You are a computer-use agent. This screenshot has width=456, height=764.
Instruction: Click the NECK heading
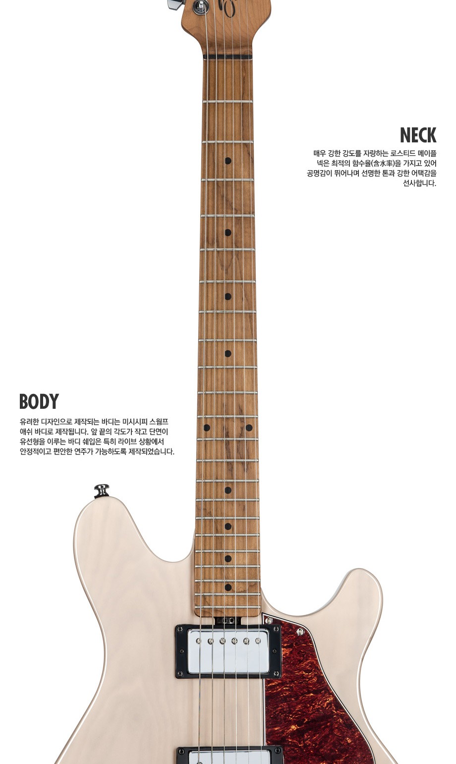418,135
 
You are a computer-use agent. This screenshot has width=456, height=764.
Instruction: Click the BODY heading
39,401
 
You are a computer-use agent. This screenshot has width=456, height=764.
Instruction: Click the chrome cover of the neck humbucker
228,651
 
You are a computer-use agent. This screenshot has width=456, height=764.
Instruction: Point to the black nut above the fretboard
228,57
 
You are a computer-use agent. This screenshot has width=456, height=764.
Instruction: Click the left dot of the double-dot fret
207,428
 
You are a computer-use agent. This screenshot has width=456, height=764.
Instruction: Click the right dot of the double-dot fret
249,428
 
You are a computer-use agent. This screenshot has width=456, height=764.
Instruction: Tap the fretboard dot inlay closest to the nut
228,161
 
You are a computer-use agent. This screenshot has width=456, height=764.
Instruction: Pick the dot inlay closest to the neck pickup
228,587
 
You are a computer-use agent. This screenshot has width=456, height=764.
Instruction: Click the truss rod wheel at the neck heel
228,620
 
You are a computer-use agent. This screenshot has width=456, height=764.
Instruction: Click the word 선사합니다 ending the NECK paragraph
419,183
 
